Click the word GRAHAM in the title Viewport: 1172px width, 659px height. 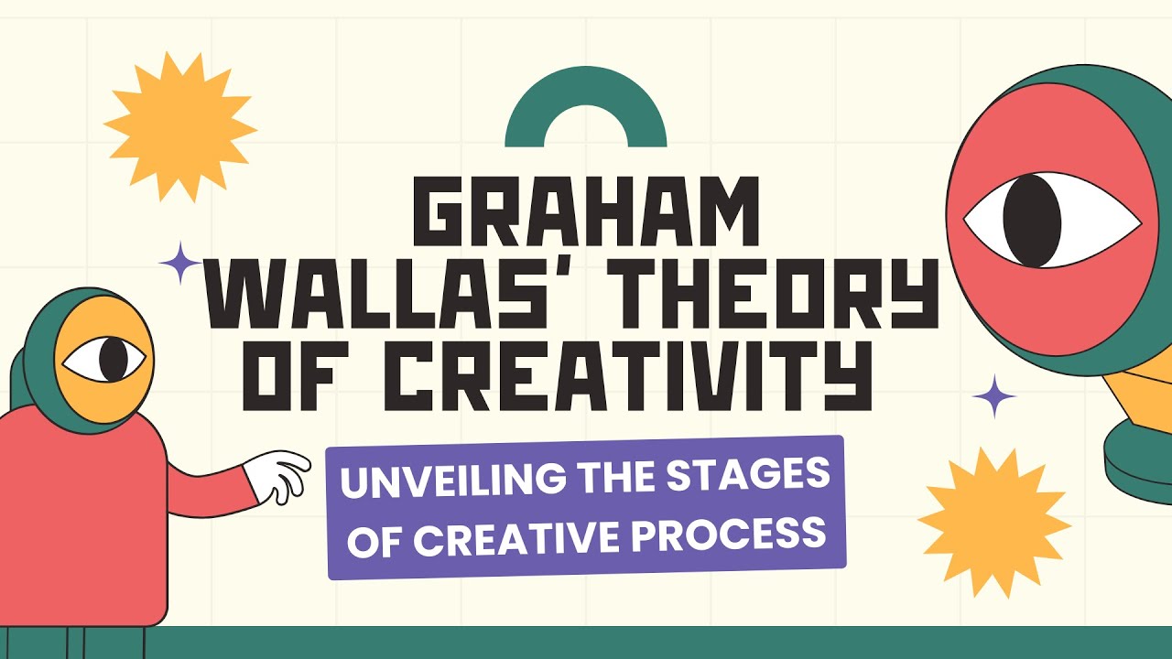(586, 213)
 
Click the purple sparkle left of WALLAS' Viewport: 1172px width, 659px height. (180, 264)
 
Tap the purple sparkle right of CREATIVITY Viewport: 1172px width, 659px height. (994, 397)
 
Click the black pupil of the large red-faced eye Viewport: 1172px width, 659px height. (1032, 221)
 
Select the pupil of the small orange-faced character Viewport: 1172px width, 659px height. (113, 360)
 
